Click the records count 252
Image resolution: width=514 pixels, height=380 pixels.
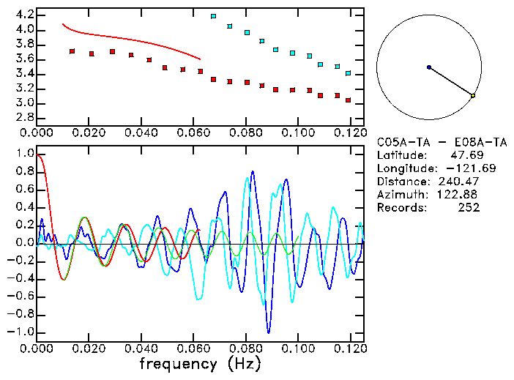469,208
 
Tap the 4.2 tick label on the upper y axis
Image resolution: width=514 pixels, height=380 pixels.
23,15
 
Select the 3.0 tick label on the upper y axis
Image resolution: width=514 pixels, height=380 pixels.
23,103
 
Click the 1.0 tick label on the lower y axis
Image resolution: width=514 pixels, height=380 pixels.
24,154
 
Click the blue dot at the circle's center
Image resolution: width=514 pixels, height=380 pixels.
429,67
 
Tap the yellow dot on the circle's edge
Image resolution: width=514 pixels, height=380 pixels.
473,95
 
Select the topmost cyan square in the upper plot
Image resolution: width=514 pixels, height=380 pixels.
213,16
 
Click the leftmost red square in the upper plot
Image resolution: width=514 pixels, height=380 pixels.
72,51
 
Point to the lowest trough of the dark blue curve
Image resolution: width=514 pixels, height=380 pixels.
269,332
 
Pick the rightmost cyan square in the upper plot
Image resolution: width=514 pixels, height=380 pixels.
349,73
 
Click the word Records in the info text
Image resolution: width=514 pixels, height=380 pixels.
398,208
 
